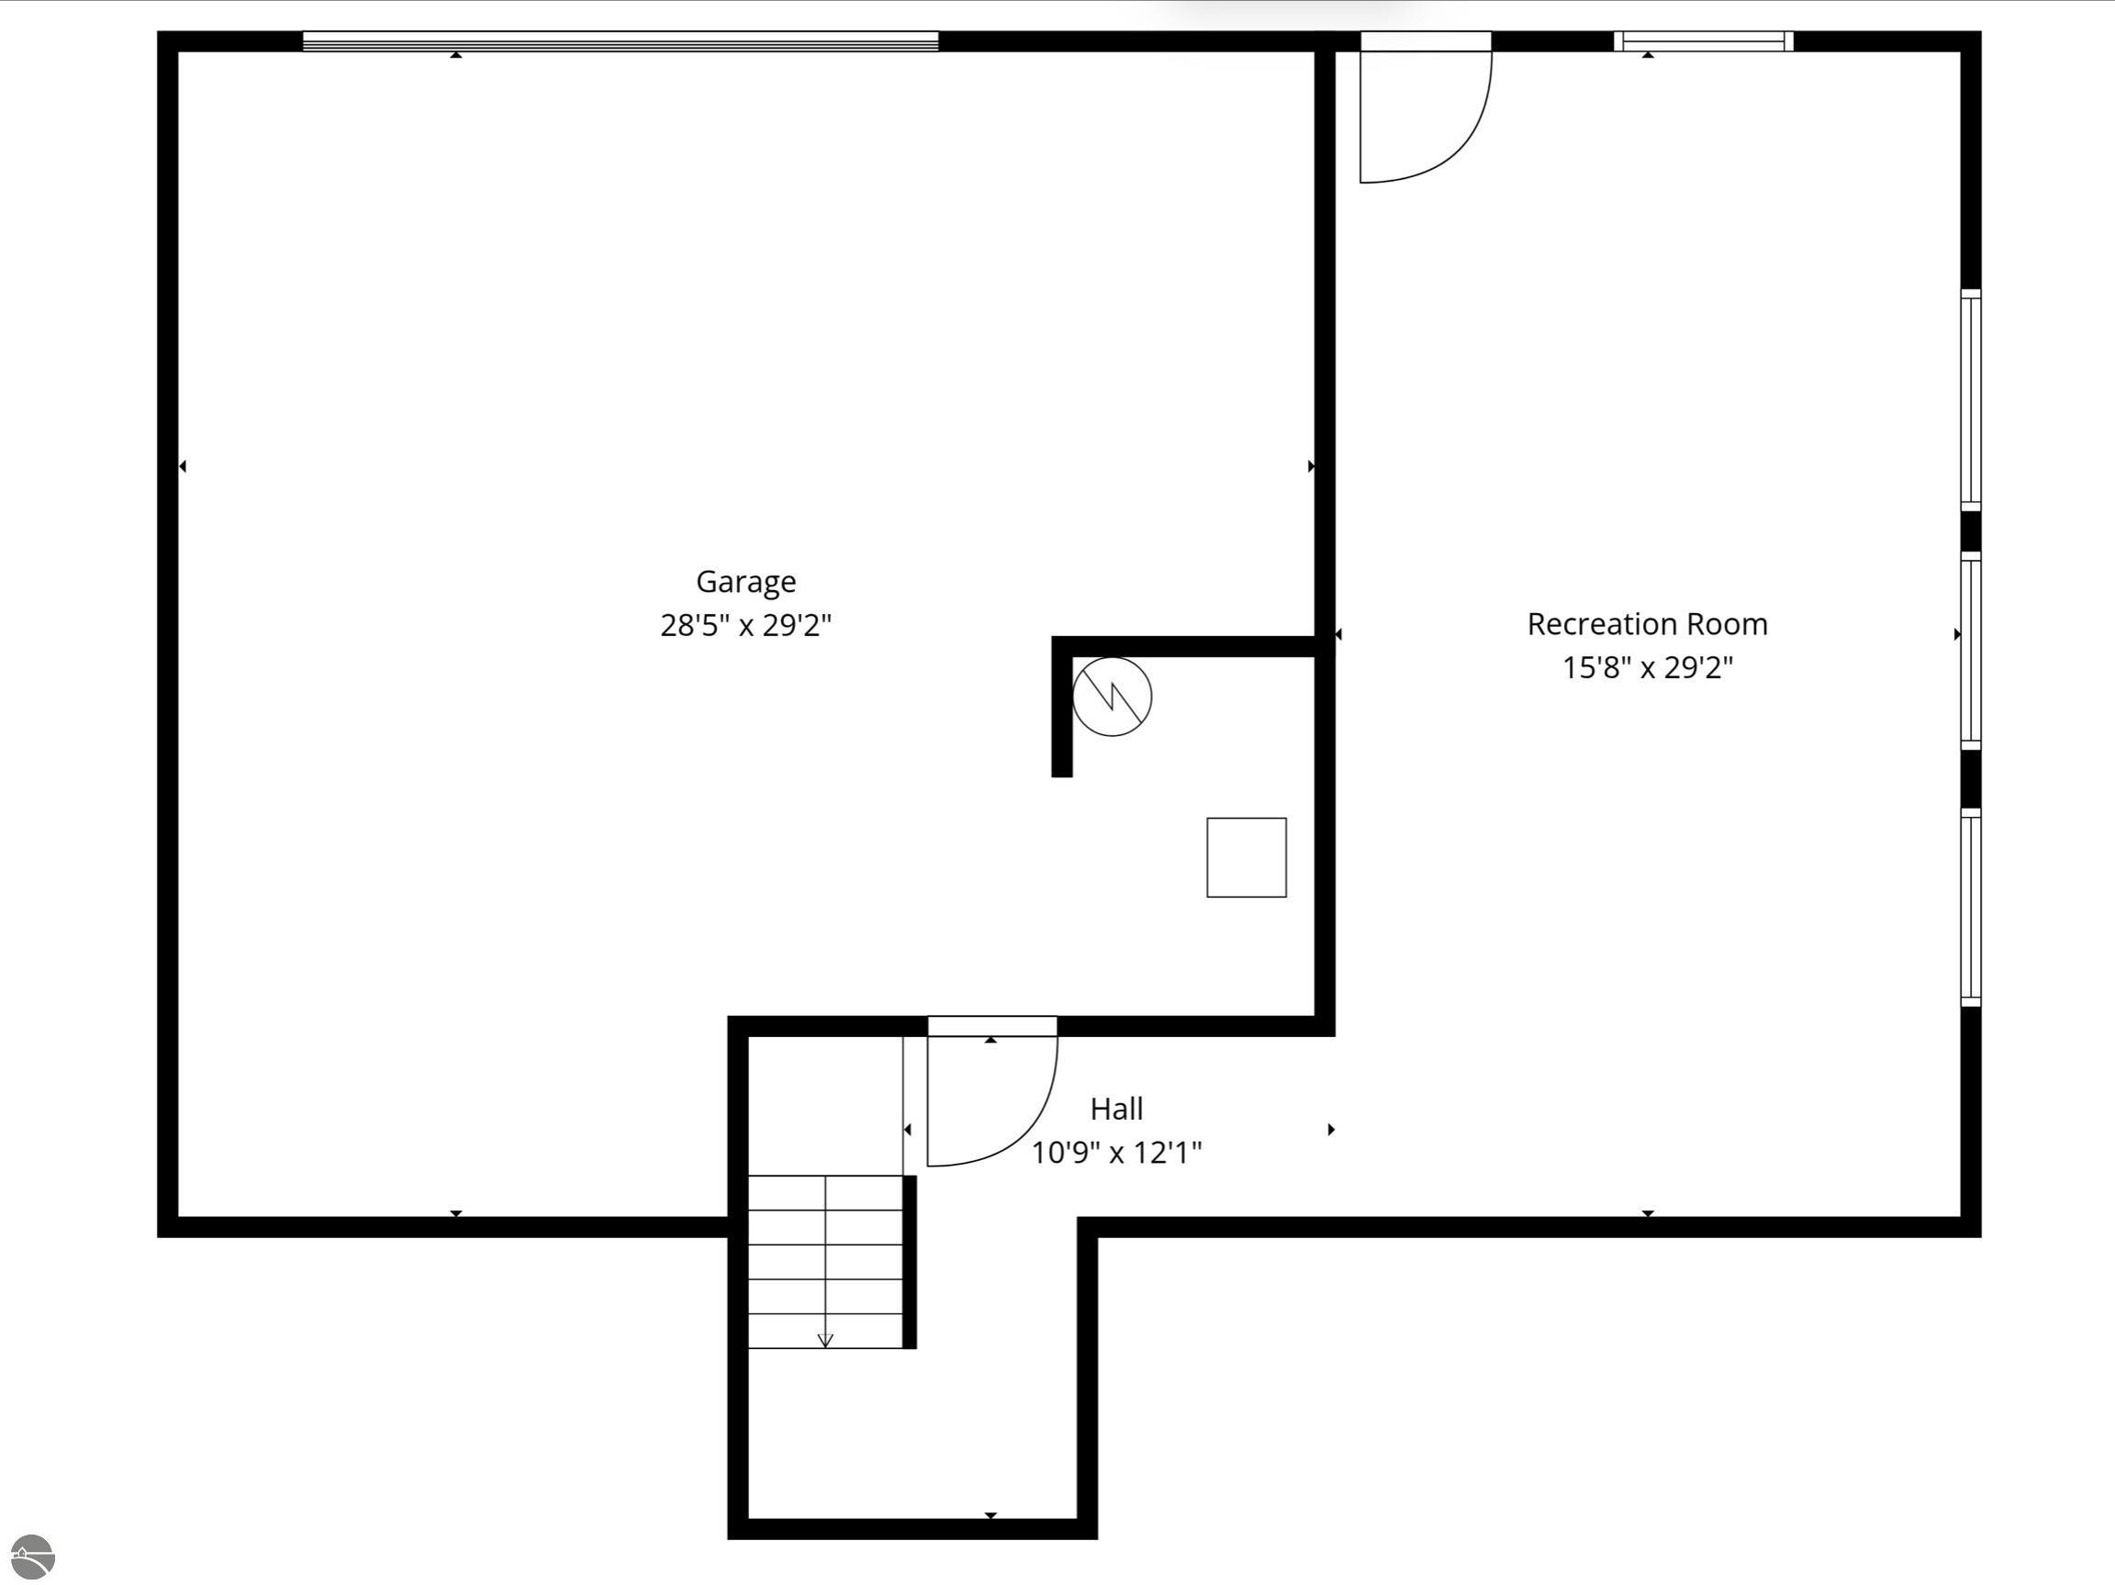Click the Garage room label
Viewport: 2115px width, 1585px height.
coord(745,581)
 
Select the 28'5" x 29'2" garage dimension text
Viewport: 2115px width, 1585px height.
coord(745,626)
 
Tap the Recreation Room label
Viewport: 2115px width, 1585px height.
coord(1647,624)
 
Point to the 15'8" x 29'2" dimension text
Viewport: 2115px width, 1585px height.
coord(1647,667)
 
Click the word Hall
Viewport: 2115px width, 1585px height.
coord(1116,1109)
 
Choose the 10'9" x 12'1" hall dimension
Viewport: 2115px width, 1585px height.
coord(1116,1153)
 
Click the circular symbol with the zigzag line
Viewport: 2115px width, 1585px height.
coord(1111,696)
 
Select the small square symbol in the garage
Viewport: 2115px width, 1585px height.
coord(1246,857)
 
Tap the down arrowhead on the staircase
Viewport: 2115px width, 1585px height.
coord(825,1340)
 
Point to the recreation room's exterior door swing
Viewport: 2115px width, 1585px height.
coord(1453,143)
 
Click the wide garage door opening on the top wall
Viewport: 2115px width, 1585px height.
coord(621,41)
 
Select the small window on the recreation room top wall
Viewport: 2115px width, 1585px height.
coord(1703,41)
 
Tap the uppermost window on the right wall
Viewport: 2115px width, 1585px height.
coord(1971,399)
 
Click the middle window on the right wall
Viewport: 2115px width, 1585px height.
coord(1971,650)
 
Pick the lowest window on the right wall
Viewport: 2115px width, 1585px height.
coord(1971,907)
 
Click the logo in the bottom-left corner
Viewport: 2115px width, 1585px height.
coord(31,1557)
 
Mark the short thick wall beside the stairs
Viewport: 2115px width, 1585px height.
coord(910,1262)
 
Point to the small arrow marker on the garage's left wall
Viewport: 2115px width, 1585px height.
coord(183,466)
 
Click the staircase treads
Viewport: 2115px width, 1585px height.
coord(825,1262)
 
